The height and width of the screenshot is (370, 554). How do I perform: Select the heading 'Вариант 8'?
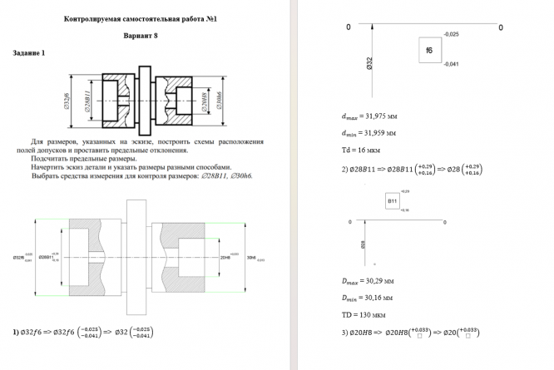[140, 37]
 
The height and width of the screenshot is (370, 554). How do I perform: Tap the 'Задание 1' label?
[29, 53]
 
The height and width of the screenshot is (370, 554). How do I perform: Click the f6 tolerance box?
[429, 50]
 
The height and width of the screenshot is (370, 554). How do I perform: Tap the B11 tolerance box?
[392, 201]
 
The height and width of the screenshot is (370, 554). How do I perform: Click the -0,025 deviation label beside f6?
[452, 35]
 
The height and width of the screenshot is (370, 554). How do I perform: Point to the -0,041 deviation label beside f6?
[452, 64]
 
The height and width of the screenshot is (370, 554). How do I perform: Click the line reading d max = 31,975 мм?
[369, 117]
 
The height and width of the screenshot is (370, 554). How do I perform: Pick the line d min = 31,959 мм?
[368, 132]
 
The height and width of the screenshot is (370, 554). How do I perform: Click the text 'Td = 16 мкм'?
[359, 150]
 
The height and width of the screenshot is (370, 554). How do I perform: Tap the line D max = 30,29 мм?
[367, 282]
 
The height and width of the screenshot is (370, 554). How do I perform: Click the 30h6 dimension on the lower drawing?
[253, 258]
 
